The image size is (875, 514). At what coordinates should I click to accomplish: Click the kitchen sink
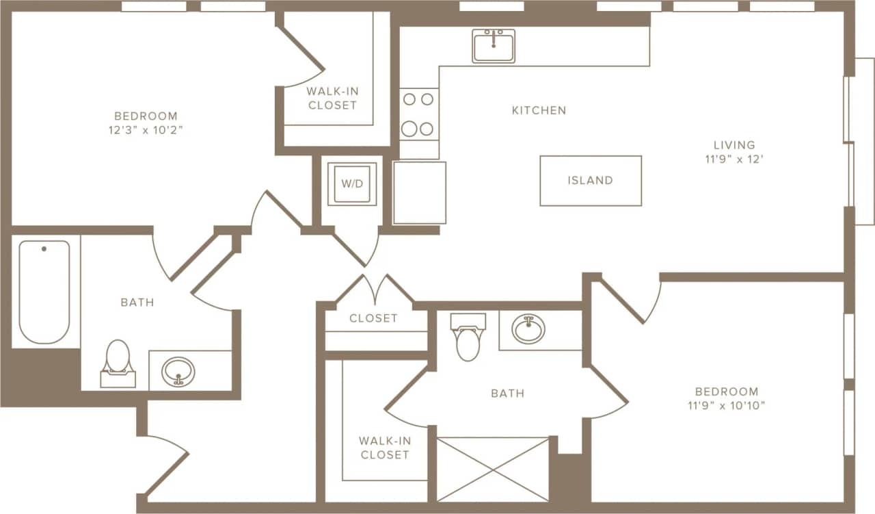(x=493, y=46)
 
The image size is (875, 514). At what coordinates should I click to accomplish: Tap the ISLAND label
(x=590, y=181)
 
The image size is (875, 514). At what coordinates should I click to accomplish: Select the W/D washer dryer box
(x=352, y=184)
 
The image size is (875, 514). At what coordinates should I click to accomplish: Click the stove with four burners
(x=418, y=114)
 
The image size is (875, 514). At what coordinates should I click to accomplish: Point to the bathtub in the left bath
(x=44, y=292)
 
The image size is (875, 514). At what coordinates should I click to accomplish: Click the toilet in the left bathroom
(x=118, y=363)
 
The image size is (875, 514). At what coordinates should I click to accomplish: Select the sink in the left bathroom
(x=178, y=371)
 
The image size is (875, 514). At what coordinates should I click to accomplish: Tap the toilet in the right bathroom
(x=468, y=337)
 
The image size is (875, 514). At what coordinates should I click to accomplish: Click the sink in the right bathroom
(x=528, y=330)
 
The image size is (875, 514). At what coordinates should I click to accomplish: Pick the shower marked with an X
(x=492, y=470)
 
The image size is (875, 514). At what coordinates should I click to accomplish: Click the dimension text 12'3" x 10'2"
(x=146, y=130)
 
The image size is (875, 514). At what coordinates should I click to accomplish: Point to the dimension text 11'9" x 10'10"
(x=727, y=405)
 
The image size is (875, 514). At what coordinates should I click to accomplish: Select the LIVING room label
(x=734, y=145)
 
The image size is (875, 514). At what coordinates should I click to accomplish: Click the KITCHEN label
(x=539, y=110)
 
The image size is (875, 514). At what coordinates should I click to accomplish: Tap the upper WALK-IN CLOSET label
(x=332, y=98)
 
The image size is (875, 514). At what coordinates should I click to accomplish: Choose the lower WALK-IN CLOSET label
(x=385, y=448)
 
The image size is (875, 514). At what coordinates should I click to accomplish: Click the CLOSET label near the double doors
(x=373, y=318)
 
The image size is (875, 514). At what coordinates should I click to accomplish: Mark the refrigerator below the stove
(x=419, y=192)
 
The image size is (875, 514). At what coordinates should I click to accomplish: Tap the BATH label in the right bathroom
(x=507, y=393)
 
